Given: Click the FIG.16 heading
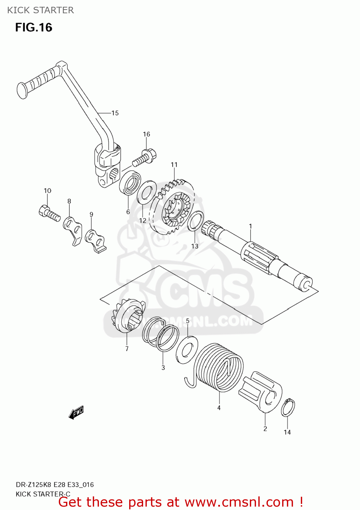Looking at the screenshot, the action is click(34, 27).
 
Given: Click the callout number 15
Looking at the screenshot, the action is click(115, 113).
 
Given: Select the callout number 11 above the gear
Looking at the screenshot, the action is click(174, 165).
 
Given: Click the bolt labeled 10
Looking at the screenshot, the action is click(49, 214).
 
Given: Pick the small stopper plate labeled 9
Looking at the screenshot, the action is click(96, 240).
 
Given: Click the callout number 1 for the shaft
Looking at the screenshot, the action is click(251, 226).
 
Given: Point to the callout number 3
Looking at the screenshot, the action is click(163, 368).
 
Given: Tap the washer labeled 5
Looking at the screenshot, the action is click(187, 350).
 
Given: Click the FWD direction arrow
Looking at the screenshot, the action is click(76, 413).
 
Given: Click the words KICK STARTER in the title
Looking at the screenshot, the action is click(40, 10).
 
